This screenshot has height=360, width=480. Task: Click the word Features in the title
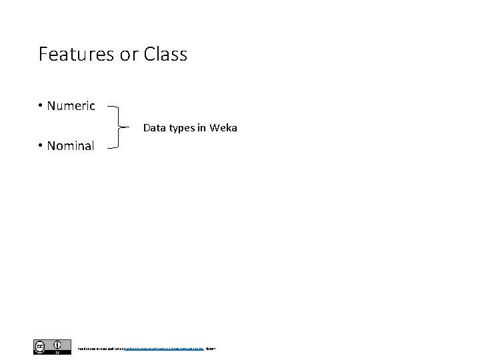click(x=76, y=54)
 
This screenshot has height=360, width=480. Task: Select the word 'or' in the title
click(x=128, y=54)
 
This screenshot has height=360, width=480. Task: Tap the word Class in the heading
click(x=165, y=54)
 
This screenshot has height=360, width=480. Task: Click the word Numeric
click(x=71, y=106)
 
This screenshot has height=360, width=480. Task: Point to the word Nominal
click(x=71, y=145)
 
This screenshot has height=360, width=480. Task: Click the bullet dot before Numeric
click(x=41, y=106)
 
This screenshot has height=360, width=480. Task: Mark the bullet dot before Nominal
click(x=41, y=145)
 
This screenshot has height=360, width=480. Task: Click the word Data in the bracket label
click(x=154, y=127)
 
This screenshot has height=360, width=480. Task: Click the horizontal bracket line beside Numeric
click(x=113, y=106)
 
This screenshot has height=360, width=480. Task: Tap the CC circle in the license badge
click(x=40, y=345)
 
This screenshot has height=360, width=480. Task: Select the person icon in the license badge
click(x=59, y=345)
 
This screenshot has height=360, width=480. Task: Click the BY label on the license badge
click(x=59, y=352)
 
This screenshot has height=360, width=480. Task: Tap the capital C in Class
click(x=148, y=54)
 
